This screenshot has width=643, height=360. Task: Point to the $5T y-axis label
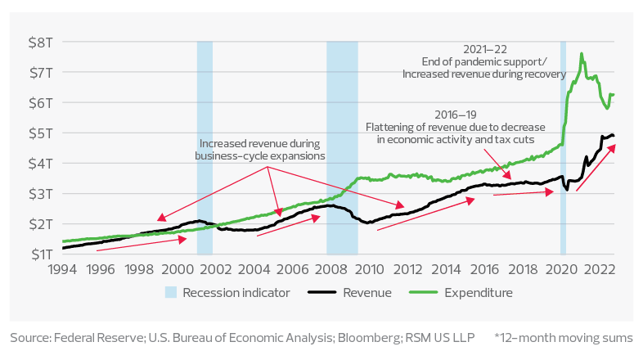coord(37,133)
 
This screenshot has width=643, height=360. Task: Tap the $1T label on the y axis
coord(37,254)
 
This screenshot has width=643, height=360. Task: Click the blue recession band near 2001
coord(205,147)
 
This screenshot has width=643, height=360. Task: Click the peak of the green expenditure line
coord(582,54)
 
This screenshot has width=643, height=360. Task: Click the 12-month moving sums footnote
coord(564,337)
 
